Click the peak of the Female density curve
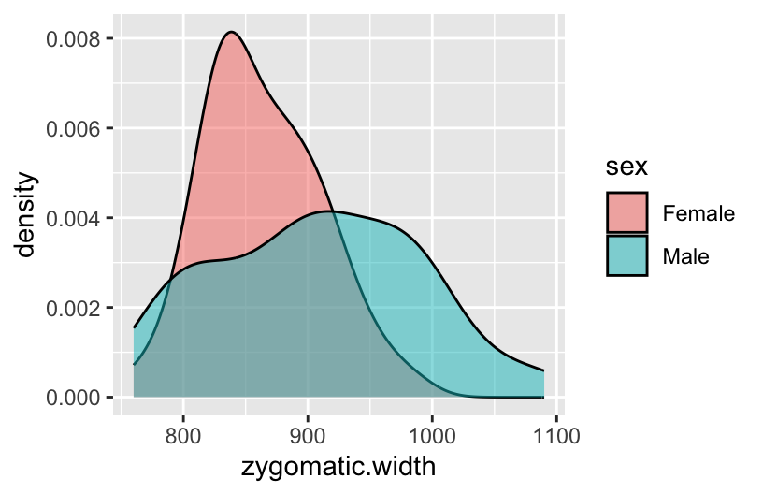(230, 32)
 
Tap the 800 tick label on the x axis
(183, 434)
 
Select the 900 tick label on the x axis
(308, 434)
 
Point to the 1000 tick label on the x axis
(432, 434)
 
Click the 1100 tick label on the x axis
(556, 434)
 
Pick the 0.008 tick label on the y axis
(75, 38)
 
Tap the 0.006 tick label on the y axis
(75, 128)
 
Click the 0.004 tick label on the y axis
(75, 218)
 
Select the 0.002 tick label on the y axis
(75, 308)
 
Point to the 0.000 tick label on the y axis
(75, 398)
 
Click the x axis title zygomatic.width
(338, 466)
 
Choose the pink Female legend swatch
(627, 212)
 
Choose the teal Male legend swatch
(627, 255)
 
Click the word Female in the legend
(698, 212)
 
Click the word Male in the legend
(686, 255)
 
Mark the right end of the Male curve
(544, 370)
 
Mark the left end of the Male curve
(134, 327)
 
